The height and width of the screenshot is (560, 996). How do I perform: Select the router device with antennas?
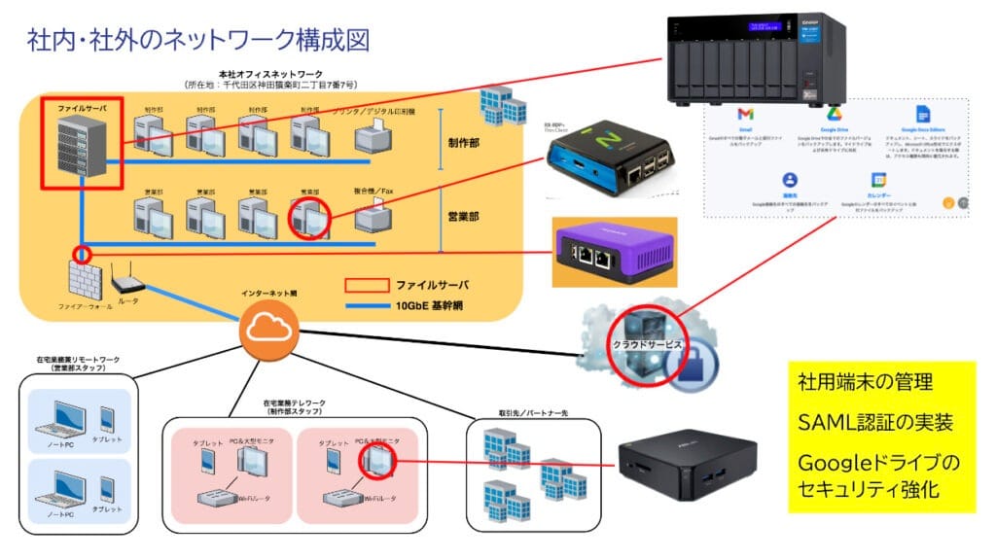[x=128, y=284]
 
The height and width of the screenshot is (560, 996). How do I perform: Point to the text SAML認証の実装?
[x=874, y=423]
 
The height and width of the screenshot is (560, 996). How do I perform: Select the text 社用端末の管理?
[x=864, y=381]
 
